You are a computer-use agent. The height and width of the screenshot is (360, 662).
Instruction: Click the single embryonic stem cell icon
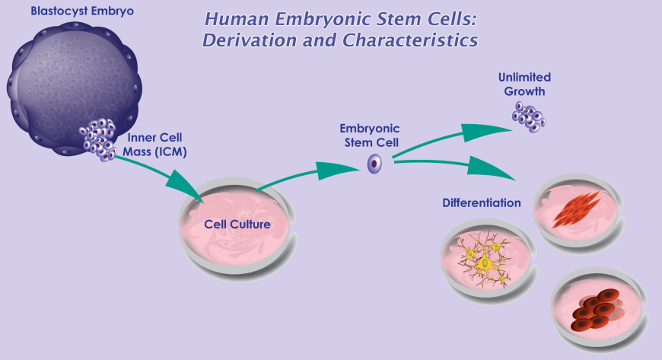point(374,163)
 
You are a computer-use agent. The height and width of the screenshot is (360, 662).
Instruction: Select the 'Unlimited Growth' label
point(524,84)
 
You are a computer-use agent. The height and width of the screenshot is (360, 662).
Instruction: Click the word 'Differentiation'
point(482,203)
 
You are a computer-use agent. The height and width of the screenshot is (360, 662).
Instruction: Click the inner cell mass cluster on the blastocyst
point(97,138)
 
